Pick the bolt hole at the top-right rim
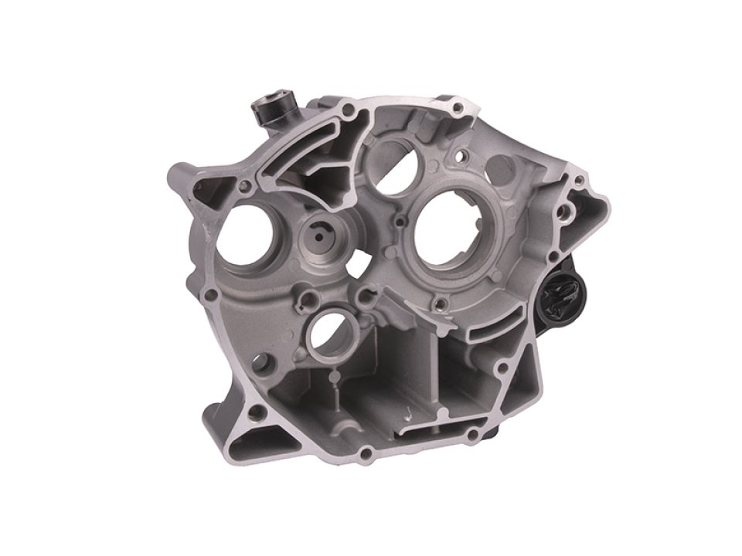(459, 107)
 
